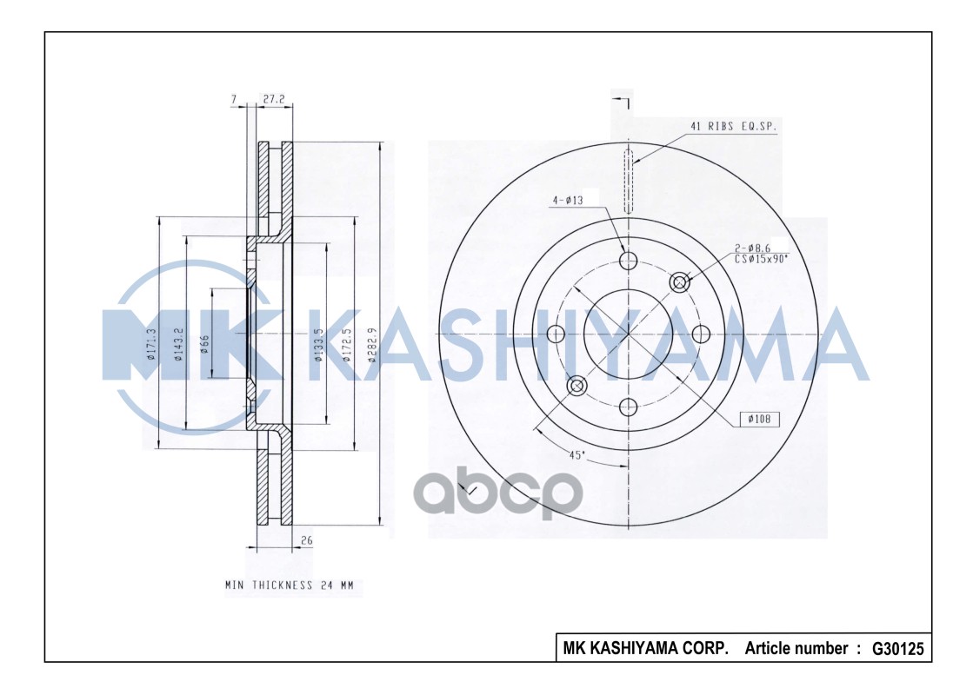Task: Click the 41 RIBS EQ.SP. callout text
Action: [733, 126]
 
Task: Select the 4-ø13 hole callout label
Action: [566, 201]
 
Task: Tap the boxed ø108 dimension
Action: [760, 420]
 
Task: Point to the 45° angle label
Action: [576, 454]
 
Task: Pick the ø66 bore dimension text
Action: [205, 344]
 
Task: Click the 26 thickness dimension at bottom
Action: [306, 540]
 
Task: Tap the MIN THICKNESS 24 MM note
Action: [289, 586]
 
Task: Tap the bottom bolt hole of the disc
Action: [628, 406]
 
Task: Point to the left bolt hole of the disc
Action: [556, 334]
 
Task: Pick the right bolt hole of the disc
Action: [701, 334]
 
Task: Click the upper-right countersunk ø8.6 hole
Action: [680, 281]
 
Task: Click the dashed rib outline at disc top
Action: [628, 181]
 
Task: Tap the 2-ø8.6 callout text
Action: [753, 248]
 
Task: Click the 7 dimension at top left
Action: [234, 100]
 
